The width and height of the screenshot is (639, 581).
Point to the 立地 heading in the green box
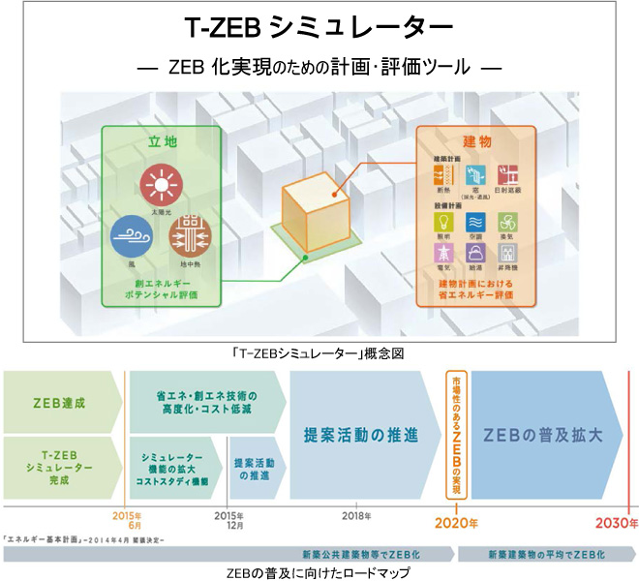click(x=163, y=141)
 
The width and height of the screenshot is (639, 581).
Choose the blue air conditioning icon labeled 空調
click(x=472, y=225)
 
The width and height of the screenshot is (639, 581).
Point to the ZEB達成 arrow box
click(x=58, y=401)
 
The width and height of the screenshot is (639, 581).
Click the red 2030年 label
click(x=618, y=523)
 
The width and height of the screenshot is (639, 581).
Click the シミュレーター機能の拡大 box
click(x=173, y=468)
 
